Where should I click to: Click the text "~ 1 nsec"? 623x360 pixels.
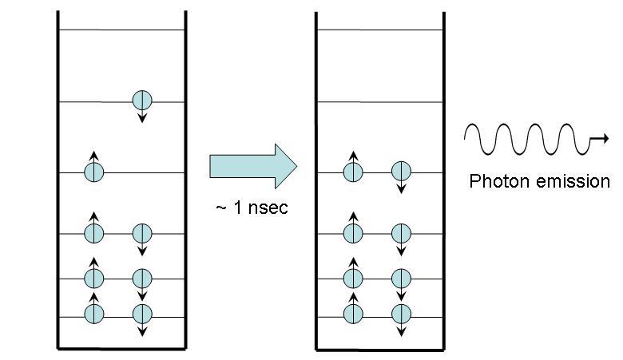252,208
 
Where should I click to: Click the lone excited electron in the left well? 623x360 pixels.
142,101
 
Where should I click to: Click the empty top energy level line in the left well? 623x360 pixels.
121,30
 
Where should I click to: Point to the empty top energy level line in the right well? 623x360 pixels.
380,30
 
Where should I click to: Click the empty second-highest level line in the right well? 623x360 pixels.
380,101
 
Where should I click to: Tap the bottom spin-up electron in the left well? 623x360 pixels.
94,314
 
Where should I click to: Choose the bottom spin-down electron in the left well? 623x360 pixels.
142,314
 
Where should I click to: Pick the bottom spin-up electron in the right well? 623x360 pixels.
353,314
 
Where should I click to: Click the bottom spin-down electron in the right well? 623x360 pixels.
401,314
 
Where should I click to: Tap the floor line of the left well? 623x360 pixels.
121,349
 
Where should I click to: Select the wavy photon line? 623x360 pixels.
527,140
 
